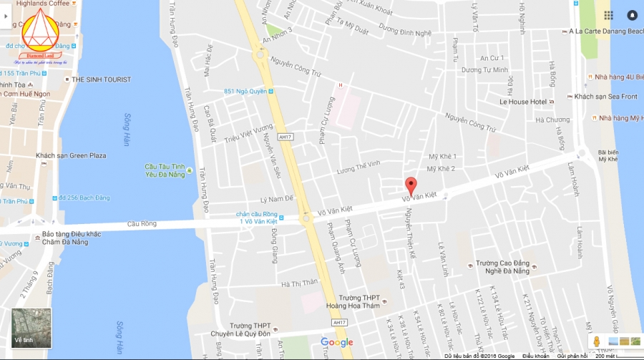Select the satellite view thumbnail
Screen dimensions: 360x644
pos(31,328)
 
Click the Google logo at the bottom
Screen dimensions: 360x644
pos(336,342)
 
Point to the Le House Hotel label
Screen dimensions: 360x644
pos(523,102)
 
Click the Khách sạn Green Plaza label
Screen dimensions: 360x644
pos(71,155)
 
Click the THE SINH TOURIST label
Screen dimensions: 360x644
pos(101,79)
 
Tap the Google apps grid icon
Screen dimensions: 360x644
pos(608,15)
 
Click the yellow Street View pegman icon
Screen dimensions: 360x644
pos(595,341)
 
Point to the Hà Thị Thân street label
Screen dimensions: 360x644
pos(299,282)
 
